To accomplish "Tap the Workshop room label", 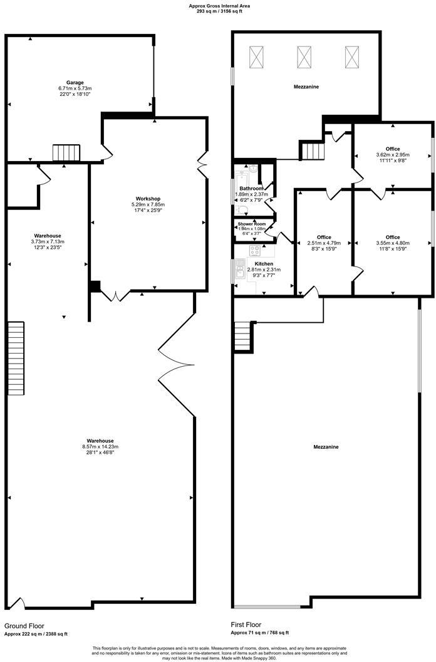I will pos(147,199).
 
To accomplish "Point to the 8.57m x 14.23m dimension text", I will pos(100,446).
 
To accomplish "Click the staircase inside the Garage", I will pos(66,152).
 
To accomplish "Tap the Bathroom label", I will pos(251,188).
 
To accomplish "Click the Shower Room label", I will pos(251,224).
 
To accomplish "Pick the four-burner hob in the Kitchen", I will pos(255,251).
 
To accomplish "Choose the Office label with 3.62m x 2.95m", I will pos(393,155).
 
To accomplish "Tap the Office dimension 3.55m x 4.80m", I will pos(393,243).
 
